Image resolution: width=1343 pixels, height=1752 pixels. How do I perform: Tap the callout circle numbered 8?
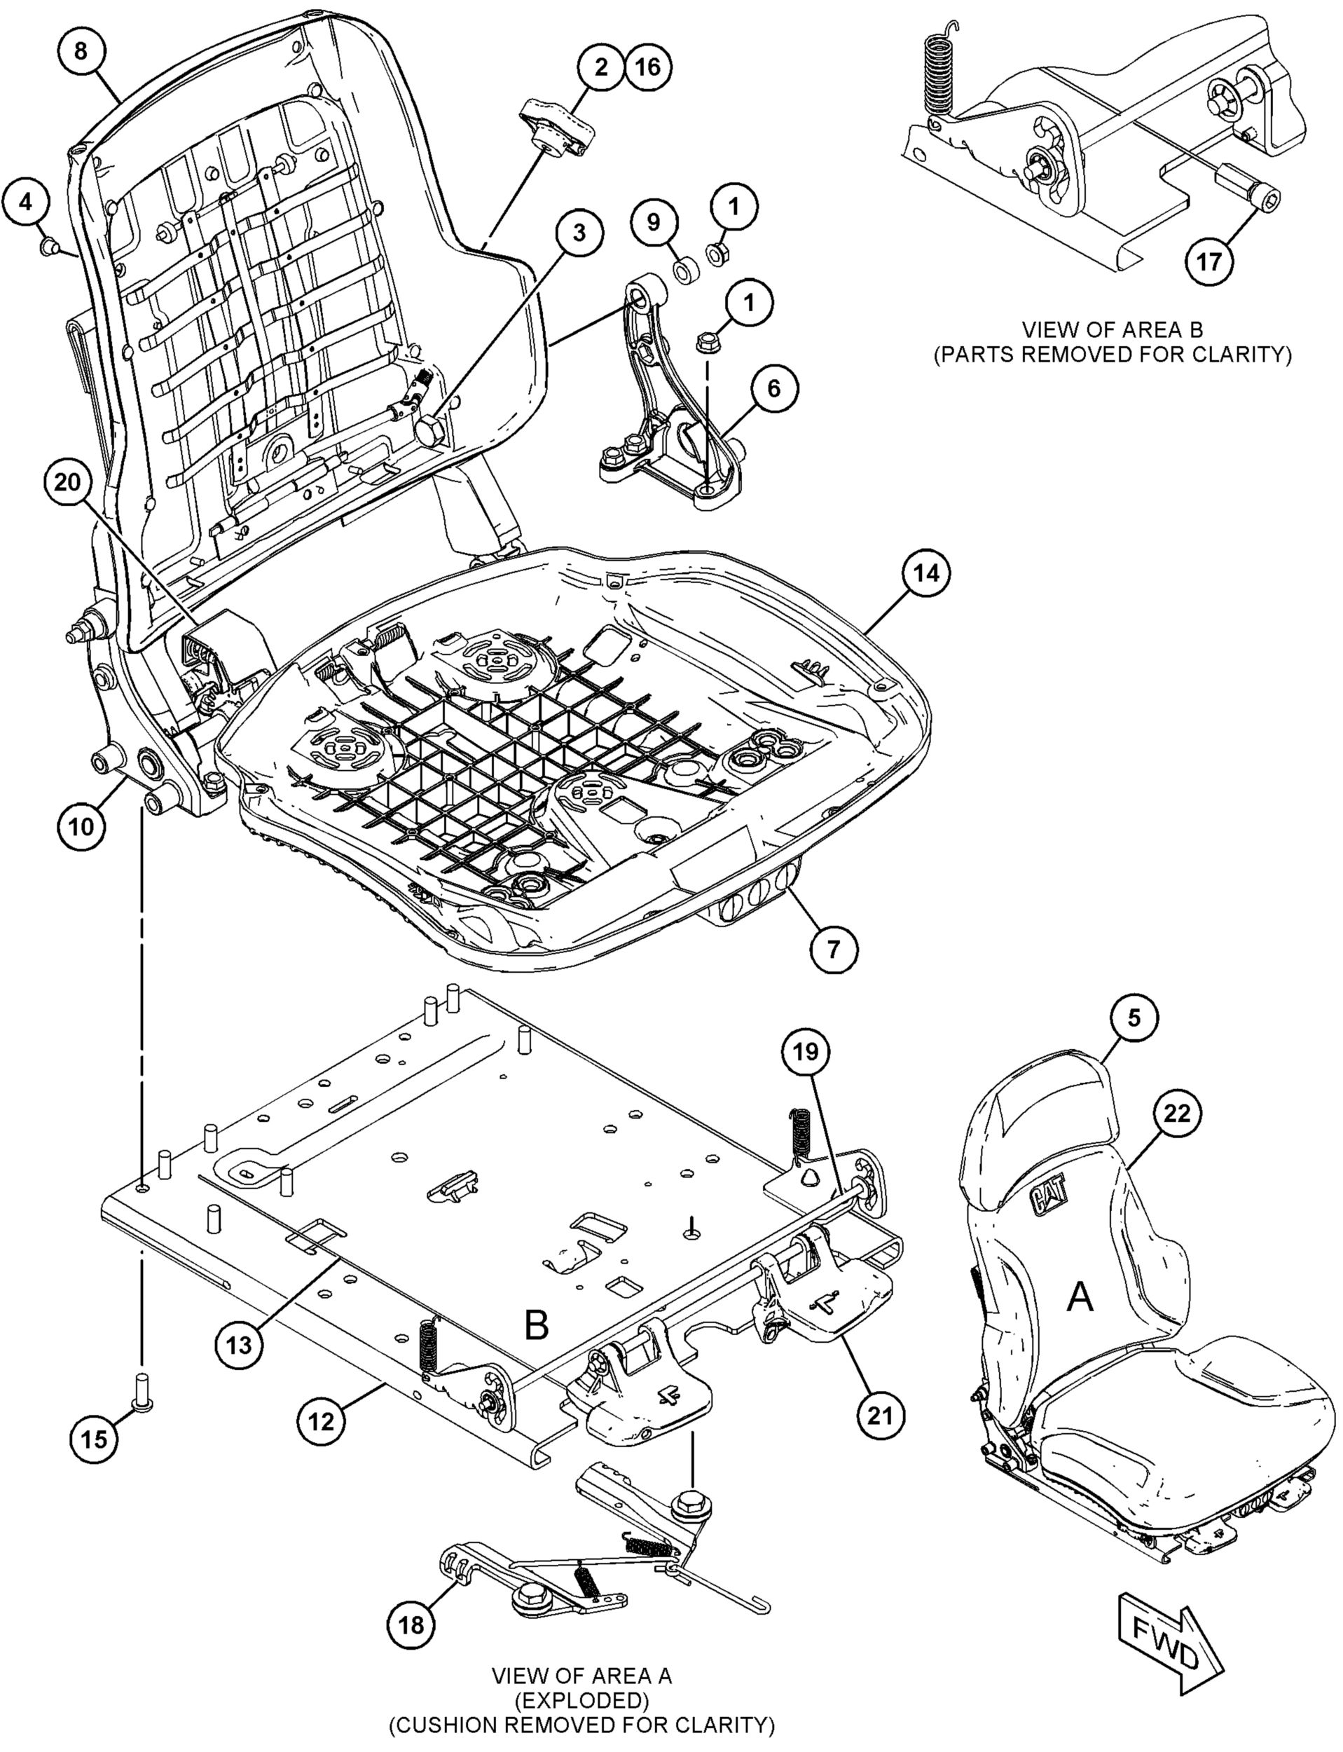[x=81, y=51]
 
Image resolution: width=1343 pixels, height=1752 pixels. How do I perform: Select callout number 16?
[x=647, y=67]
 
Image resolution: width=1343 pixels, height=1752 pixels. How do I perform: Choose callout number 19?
[x=806, y=1053]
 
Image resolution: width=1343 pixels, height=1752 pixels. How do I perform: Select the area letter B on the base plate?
[x=537, y=1325]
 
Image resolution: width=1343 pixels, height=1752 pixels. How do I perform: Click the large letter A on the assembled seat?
[x=1080, y=1299]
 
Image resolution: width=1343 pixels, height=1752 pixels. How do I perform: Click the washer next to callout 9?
[x=685, y=272]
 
